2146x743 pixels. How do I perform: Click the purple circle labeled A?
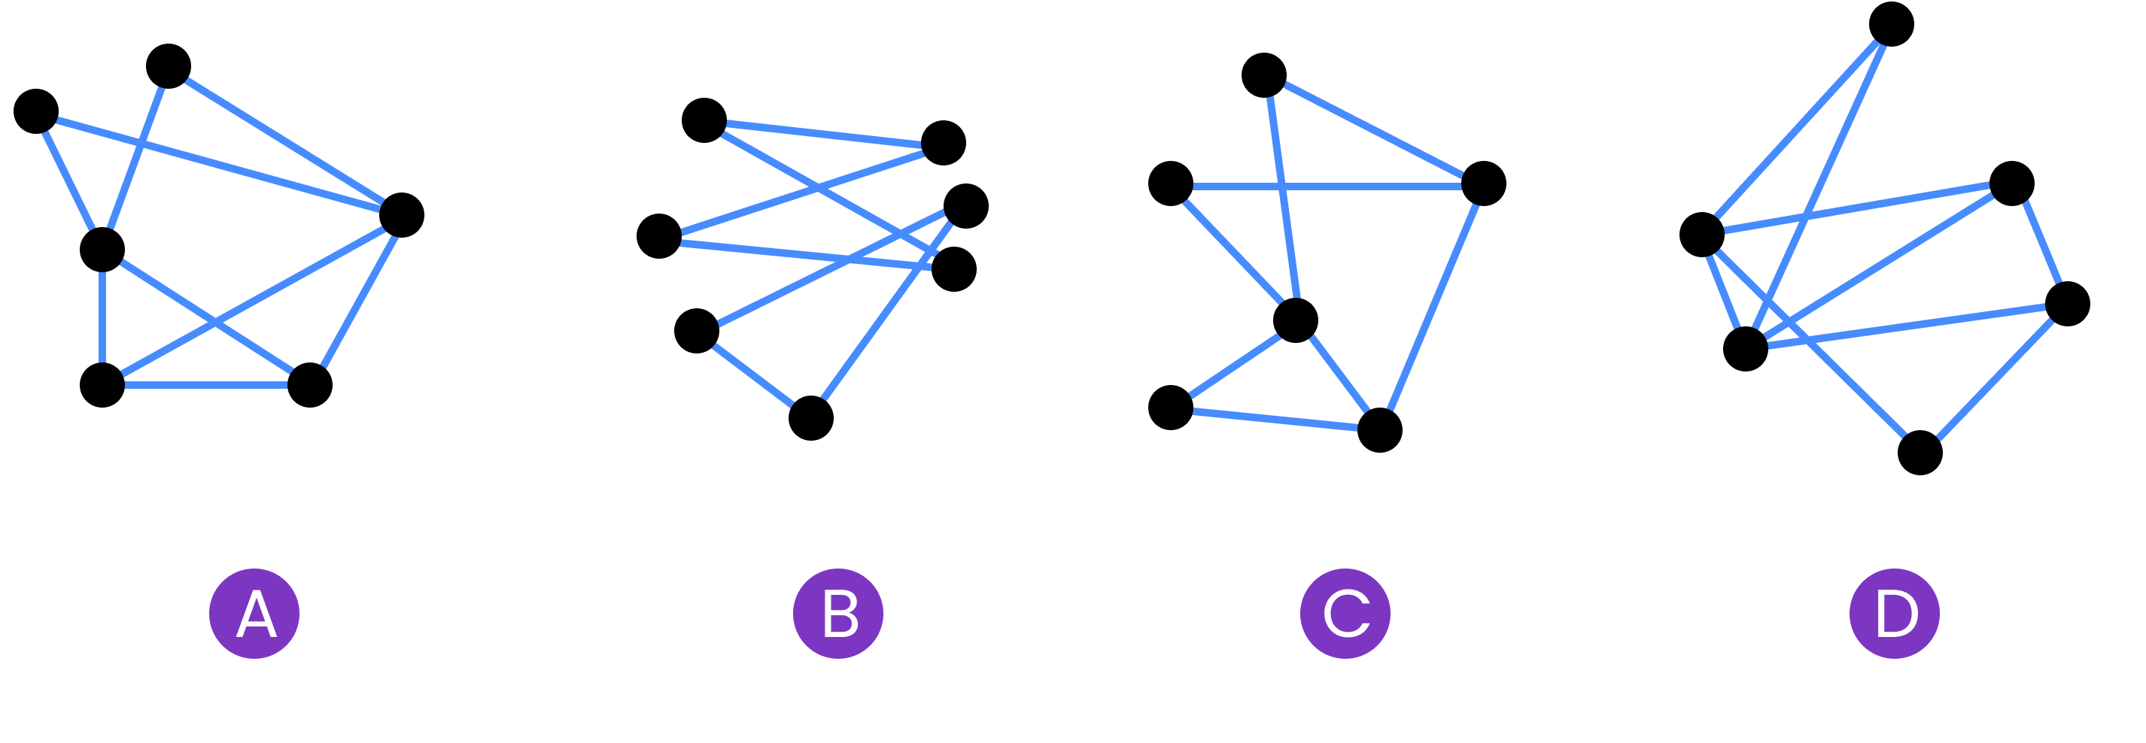point(254,614)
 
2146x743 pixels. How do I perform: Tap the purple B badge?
point(838,614)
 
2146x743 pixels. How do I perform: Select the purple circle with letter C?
point(1345,614)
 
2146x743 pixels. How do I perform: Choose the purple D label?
point(1895,614)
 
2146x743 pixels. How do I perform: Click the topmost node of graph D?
point(1892,24)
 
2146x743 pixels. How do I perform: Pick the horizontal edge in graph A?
point(205,386)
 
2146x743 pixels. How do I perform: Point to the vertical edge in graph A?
point(102,317)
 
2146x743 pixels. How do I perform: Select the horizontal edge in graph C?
point(1327,186)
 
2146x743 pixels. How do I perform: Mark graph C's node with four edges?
point(1296,320)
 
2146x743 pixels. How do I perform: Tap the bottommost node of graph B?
point(811,418)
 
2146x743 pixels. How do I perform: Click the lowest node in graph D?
point(1920,453)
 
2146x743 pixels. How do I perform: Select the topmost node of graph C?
point(1264,75)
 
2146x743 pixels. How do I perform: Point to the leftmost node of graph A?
point(36,111)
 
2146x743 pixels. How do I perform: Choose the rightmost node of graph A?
point(402,215)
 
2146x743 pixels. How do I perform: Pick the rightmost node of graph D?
point(2068,304)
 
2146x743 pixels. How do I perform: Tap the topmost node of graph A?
point(169,67)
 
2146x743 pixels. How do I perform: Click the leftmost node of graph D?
point(1702,234)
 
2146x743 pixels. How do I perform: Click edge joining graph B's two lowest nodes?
point(754,375)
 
